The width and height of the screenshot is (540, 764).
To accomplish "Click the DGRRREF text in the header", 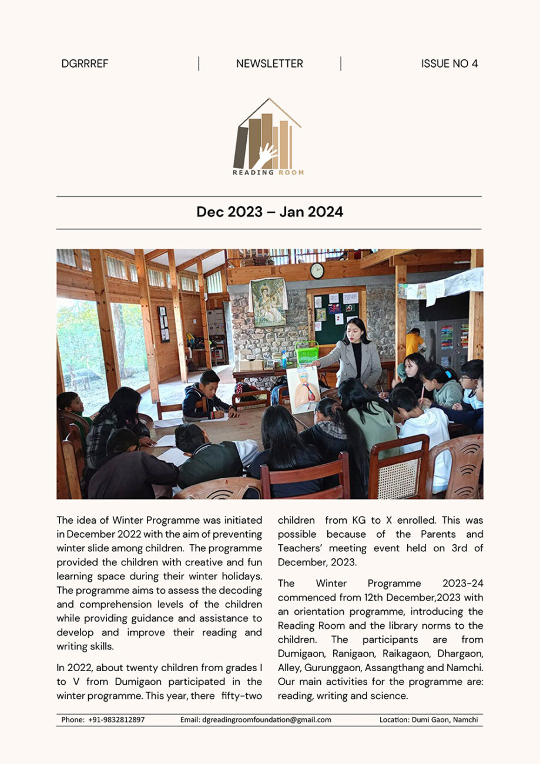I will click(85, 64).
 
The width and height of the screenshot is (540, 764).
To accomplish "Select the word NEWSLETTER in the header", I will click(269, 64).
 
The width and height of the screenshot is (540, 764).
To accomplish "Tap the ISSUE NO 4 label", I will click(449, 64).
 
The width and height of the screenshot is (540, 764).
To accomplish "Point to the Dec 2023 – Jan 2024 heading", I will click(269, 212).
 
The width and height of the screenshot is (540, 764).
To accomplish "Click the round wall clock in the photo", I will click(317, 270).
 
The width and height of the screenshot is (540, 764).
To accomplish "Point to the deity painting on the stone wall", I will click(268, 302).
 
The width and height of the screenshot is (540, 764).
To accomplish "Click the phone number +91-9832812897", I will click(116, 719).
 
